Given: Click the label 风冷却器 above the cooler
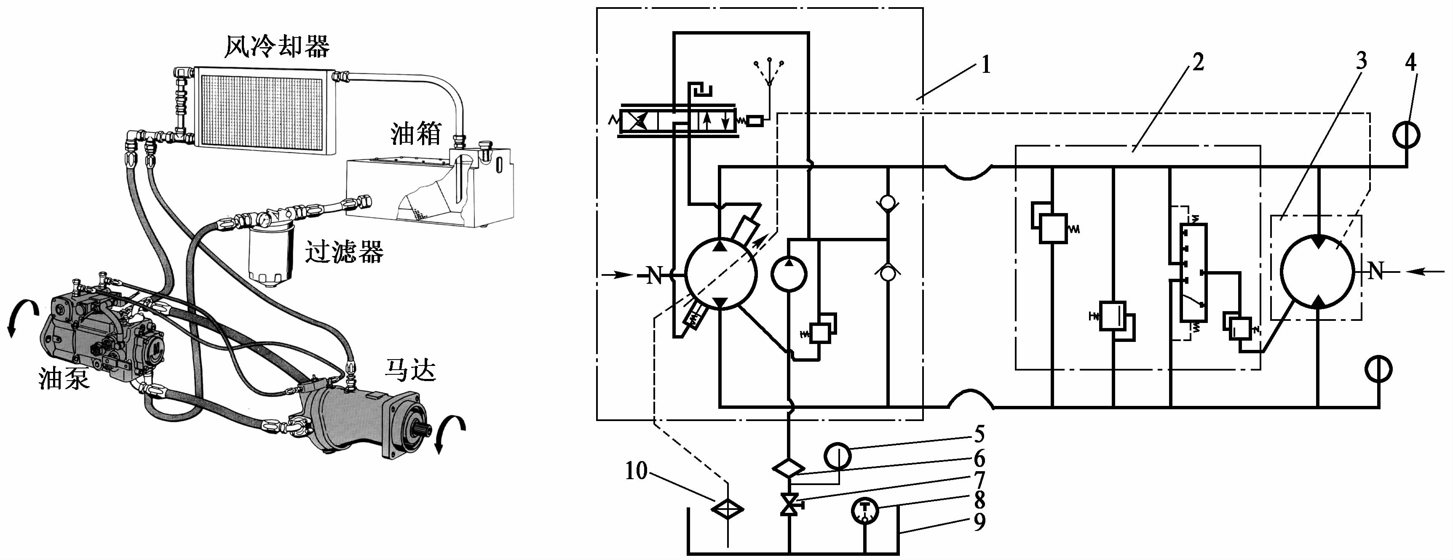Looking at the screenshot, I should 277,46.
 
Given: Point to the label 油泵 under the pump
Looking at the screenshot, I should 64,378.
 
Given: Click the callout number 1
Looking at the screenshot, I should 985,65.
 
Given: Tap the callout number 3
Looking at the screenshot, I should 1361,61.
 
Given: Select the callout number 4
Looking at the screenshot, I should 1410,62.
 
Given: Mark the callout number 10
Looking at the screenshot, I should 636,471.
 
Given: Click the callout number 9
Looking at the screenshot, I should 980,522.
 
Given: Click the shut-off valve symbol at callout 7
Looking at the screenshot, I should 789,504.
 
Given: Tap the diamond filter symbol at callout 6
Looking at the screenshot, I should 789,468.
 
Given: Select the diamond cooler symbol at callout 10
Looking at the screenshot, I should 728,509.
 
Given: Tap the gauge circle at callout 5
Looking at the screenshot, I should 838,456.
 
